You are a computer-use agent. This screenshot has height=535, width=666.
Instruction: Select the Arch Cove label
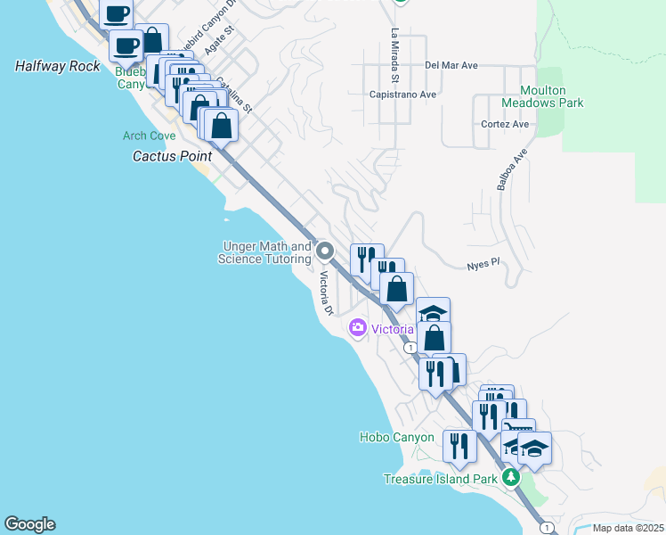coord(148,136)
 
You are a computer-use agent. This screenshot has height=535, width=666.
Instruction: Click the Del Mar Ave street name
coord(451,65)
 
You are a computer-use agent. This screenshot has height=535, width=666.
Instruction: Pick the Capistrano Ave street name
coord(403,94)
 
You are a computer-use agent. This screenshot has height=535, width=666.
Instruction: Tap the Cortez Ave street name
coord(505,124)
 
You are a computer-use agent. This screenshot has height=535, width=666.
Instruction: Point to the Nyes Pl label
coord(484,265)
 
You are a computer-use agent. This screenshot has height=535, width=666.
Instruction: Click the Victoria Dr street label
coord(325,293)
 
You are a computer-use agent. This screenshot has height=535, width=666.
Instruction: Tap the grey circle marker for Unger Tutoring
coord(325,251)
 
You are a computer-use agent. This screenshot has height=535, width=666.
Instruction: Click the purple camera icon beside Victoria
coord(358,329)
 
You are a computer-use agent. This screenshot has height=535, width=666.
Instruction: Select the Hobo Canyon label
coord(396,437)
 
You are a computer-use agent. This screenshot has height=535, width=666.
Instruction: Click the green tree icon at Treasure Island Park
coord(511,479)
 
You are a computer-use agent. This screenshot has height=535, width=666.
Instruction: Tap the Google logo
coord(28,524)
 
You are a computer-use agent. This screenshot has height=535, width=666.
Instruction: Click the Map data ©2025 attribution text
coord(627,528)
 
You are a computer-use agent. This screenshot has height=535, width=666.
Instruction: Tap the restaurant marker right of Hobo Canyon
coord(459,446)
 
